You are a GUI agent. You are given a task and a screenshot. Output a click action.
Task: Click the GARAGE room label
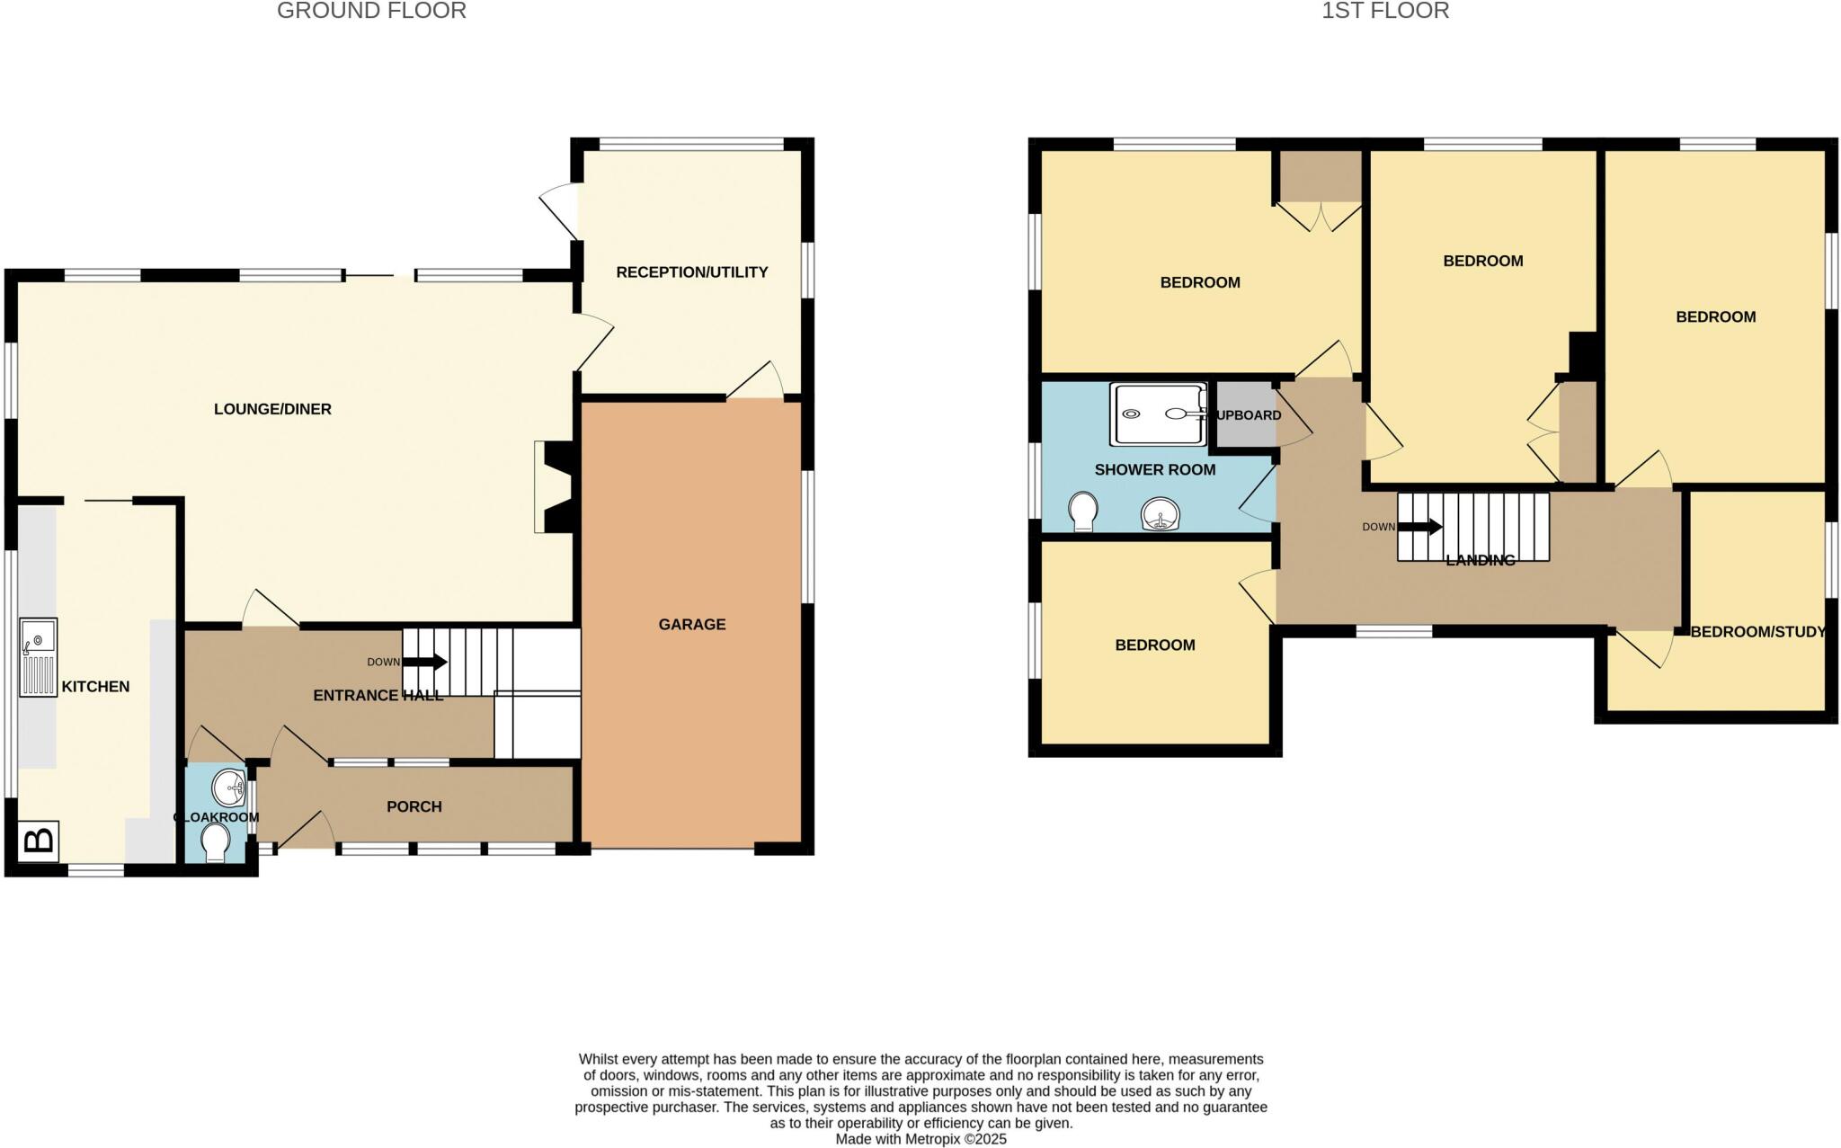pos(691,624)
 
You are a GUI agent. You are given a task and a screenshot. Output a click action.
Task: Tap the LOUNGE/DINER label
pos(272,409)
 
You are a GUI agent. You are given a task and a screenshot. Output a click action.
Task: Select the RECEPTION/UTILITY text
pos(691,271)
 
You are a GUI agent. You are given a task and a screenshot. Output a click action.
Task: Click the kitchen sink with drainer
pos(39,657)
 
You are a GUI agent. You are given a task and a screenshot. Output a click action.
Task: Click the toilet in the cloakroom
pos(216,843)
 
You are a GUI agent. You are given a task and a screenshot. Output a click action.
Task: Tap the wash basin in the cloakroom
pos(229,788)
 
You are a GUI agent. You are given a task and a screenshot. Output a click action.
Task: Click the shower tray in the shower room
pos(1158,414)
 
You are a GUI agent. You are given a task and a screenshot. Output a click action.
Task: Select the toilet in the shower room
pos(1084,512)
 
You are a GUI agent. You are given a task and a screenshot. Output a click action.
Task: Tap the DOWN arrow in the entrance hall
pos(425,662)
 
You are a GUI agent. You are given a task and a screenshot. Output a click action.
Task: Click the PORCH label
pos(414,806)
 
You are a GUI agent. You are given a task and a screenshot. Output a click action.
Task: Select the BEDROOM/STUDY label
pos(1757,632)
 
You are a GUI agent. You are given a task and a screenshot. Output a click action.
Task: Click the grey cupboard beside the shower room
pos(1243,414)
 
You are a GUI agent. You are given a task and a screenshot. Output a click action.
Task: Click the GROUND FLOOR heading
pos(371,11)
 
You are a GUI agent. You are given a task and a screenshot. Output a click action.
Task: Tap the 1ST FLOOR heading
pos(1385,11)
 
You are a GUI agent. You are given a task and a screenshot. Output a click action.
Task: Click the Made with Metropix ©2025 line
pos(920,1139)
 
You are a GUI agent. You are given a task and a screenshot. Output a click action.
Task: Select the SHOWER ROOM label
pos(1154,469)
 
